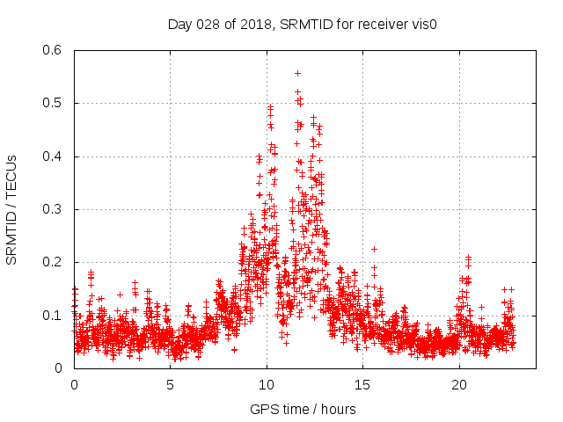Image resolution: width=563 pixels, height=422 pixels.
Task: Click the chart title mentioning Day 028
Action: coord(303,24)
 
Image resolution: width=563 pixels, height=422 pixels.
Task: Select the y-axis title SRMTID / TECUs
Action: coord(11,209)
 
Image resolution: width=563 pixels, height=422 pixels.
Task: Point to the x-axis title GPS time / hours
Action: coord(303,409)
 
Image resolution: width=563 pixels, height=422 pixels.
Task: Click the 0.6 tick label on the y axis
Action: coord(55,50)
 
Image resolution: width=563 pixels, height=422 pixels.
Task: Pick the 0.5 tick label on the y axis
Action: coord(55,103)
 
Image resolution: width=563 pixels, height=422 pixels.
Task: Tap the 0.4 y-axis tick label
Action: coord(55,156)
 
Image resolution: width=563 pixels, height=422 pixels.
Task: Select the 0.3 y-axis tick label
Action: coord(55,209)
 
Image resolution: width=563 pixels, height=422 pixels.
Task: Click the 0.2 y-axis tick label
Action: coord(55,262)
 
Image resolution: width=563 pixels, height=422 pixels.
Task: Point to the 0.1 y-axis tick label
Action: coord(55,315)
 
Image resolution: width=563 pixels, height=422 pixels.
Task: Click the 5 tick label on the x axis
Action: coord(171,385)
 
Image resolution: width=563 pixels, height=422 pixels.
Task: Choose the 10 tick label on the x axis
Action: coord(267,385)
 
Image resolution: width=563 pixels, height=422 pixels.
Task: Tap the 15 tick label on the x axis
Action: coord(363,385)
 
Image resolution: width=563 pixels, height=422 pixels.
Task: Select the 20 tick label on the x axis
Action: coord(459,385)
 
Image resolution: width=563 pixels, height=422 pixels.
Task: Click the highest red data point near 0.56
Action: coord(297,73)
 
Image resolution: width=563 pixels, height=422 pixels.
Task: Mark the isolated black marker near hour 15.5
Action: coord(374,249)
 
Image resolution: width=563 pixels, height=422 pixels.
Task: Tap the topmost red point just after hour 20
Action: coord(468,257)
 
